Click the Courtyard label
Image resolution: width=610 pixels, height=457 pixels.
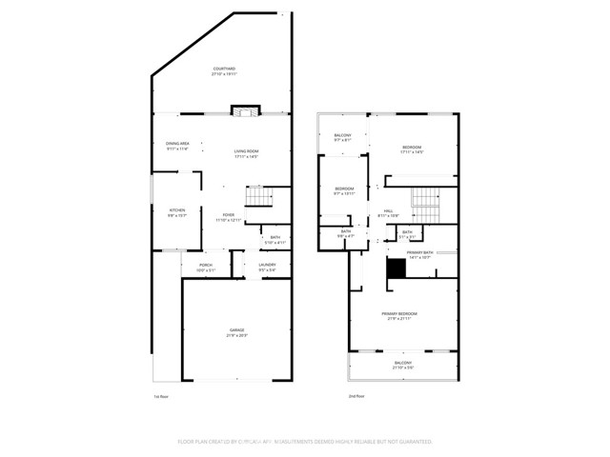click(223, 71)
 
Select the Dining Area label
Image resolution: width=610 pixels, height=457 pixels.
click(177, 146)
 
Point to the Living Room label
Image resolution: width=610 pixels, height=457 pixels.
click(247, 153)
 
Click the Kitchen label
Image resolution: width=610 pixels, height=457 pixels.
click(177, 212)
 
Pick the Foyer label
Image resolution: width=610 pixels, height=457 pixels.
click(229, 217)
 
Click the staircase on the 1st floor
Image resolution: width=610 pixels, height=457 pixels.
click(258, 197)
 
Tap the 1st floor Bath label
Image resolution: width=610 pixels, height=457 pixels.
click(274, 239)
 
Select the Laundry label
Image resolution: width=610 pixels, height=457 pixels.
click(268, 268)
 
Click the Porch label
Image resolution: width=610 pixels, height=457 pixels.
click(205, 268)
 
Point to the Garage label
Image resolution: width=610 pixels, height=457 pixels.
click(235, 332)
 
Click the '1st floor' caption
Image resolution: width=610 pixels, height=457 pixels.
click(160, 396)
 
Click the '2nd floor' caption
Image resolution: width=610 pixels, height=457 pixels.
click(356, 396)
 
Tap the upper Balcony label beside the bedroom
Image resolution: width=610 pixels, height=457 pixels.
click(342, 138)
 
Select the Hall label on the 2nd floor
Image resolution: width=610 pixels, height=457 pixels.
click(388, 212)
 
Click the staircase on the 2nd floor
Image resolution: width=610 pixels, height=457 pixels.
click(425, 201)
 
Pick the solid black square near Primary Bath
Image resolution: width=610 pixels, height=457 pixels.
click(395, 269)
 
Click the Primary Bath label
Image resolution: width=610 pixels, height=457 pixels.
click(419, 254)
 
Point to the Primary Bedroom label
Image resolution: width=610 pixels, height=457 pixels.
click(402, 315)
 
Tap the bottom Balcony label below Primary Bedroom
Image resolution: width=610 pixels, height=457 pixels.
click(403, 365)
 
